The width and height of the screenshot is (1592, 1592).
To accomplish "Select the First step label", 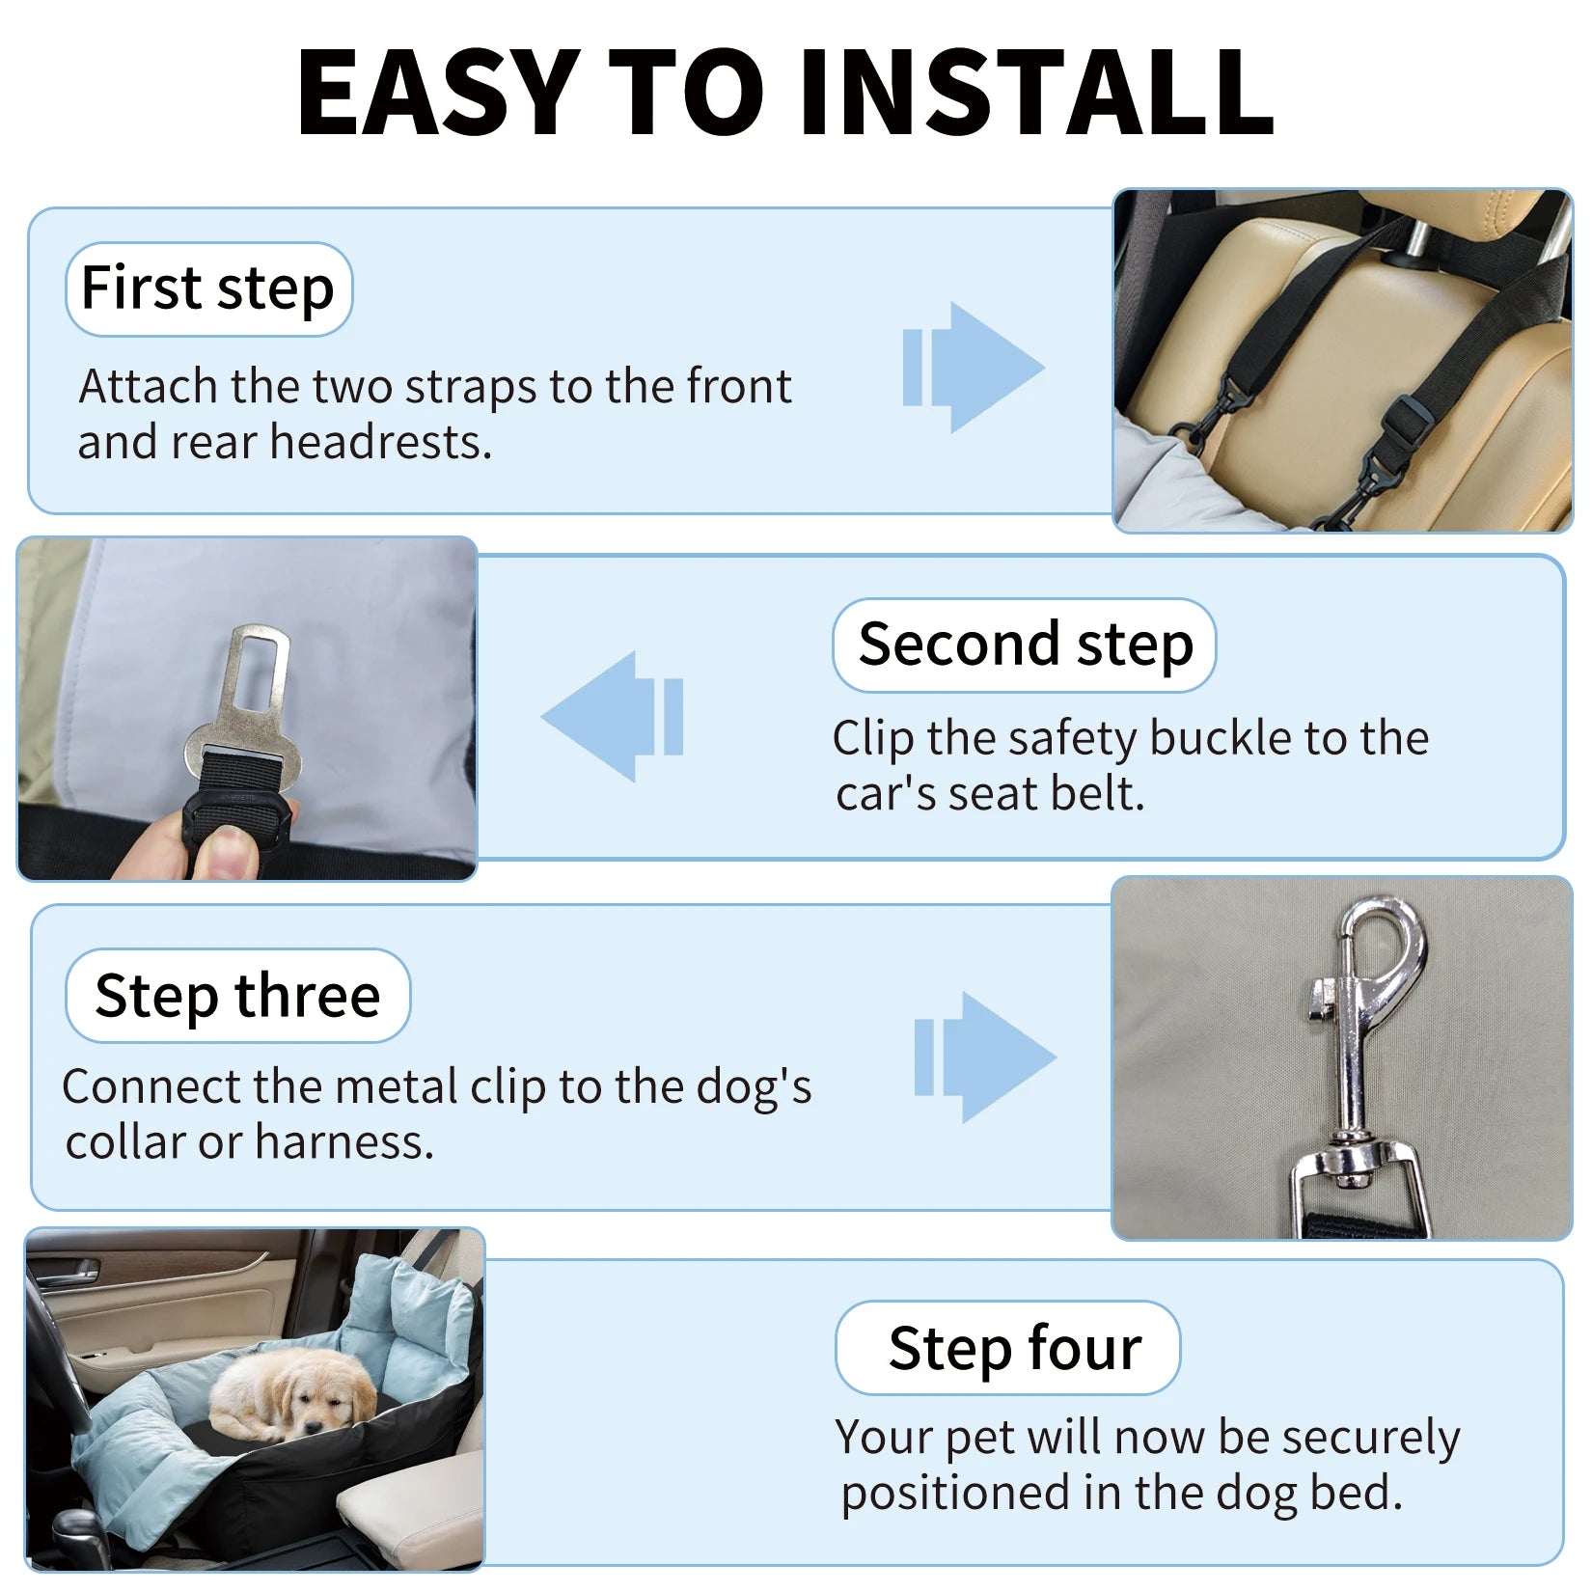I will pyautogui.click(x=208, y=288).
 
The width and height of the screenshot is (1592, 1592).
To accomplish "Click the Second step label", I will pyautogui.click(x=1025, y=645).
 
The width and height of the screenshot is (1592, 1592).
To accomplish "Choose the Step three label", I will pyautogui.click(x=237, y=996).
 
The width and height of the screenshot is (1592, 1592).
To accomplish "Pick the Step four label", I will pyautogui.click(x=1008, y=1348).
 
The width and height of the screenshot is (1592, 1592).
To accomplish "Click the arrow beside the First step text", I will pyautogui.click(x=974, y=368).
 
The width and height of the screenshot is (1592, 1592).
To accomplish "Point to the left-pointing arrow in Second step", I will pyautogui.click(x=613, y=716).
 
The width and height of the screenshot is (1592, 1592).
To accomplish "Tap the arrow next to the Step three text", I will pyautogui.click(x=986, y=1057).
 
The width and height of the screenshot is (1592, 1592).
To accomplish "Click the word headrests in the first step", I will pyautogui.click(x=380, y=443).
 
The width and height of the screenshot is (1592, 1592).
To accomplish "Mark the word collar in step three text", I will pyautogui.click(x=126, y=1143).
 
